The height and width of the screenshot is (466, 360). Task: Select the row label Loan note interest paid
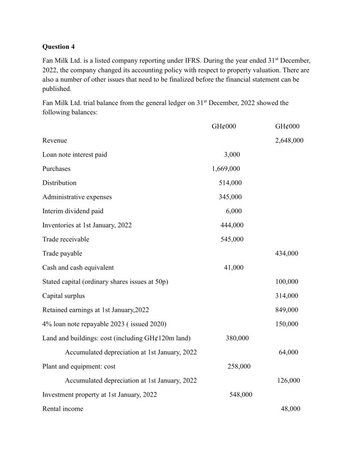[x=75, y=154]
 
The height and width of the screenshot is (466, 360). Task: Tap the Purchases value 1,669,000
[x=227, y=168]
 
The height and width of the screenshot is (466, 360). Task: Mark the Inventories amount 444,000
[x=232, y=225]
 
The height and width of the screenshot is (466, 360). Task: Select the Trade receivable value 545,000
[x=232, y=239]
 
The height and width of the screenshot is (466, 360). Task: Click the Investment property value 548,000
[x=240, y=395]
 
